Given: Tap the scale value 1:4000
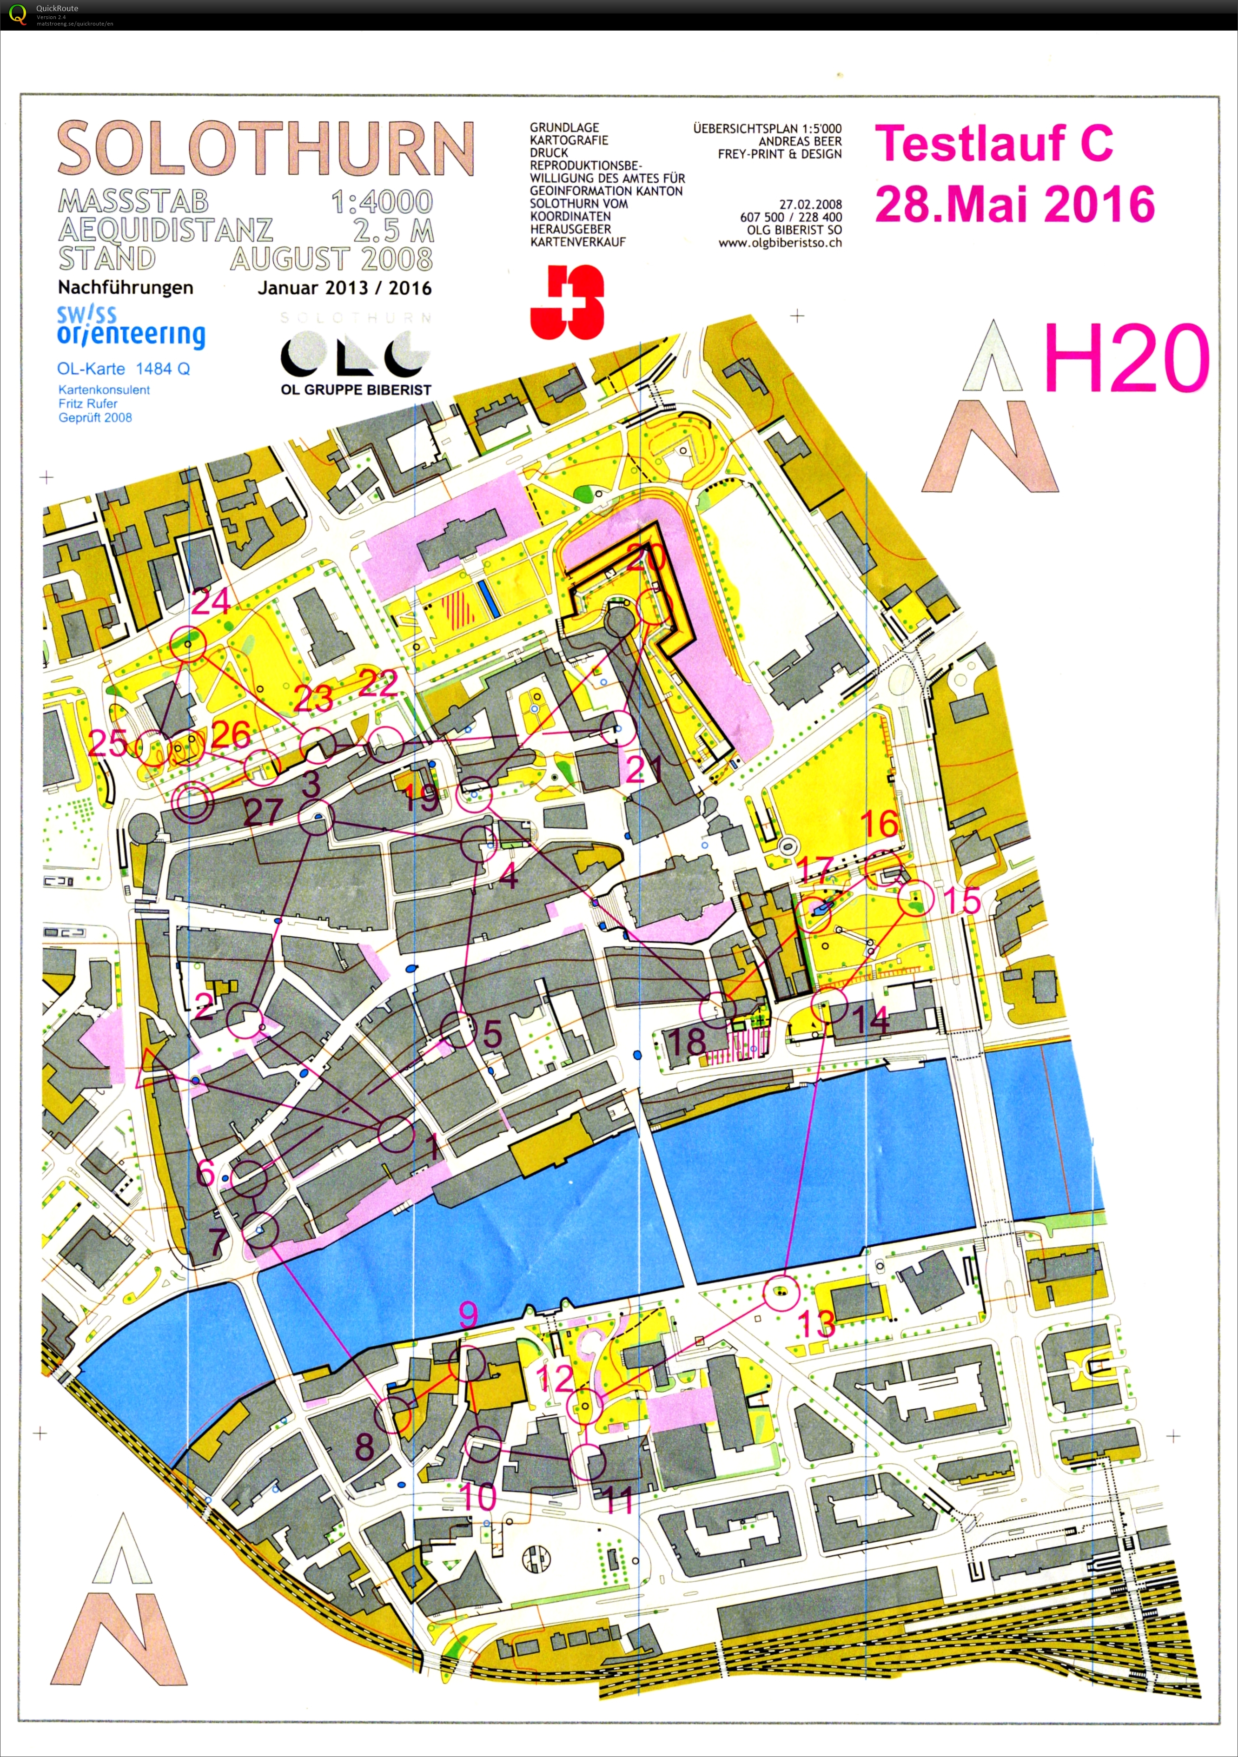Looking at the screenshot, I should point(382,202).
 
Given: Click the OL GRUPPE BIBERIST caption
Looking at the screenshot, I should point(356,390).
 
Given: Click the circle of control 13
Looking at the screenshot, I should point(781,1293).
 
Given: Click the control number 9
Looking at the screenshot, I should point(468,1314).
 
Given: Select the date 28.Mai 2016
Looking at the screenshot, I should point(1014,205).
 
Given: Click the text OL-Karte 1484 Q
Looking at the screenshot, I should point(123,369).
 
